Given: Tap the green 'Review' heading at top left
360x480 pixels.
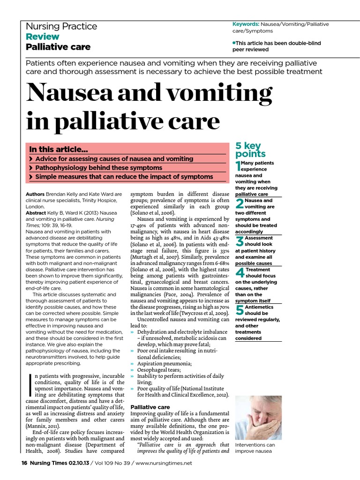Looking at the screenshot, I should pos(42,37).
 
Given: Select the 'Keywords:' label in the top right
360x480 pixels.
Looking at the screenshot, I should pos(246,24).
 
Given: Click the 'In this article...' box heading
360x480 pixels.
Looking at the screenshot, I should pos(59,150).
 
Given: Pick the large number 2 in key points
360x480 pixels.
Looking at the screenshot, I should pos(239,203).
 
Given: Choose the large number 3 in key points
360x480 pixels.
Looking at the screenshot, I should pos(239,241).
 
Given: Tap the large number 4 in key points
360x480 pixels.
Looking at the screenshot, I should pos(239,273).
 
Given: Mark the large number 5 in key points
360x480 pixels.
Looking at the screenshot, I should pos(239,310).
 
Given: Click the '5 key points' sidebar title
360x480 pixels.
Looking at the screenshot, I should pos(250,150).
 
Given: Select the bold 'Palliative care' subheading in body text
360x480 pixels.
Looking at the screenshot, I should pos(150,407).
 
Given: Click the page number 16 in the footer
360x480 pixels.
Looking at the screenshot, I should pos(25,463).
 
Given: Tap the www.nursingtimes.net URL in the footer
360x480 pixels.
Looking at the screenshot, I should pos(164,463).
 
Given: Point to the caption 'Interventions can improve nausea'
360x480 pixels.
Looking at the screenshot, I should pos(255,448).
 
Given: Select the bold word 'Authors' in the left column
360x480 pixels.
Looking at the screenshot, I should pos(35,194).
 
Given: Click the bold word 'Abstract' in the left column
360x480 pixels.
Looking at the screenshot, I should pos(36,212).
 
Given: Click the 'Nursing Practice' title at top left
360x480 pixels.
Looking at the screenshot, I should pos(61,26).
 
